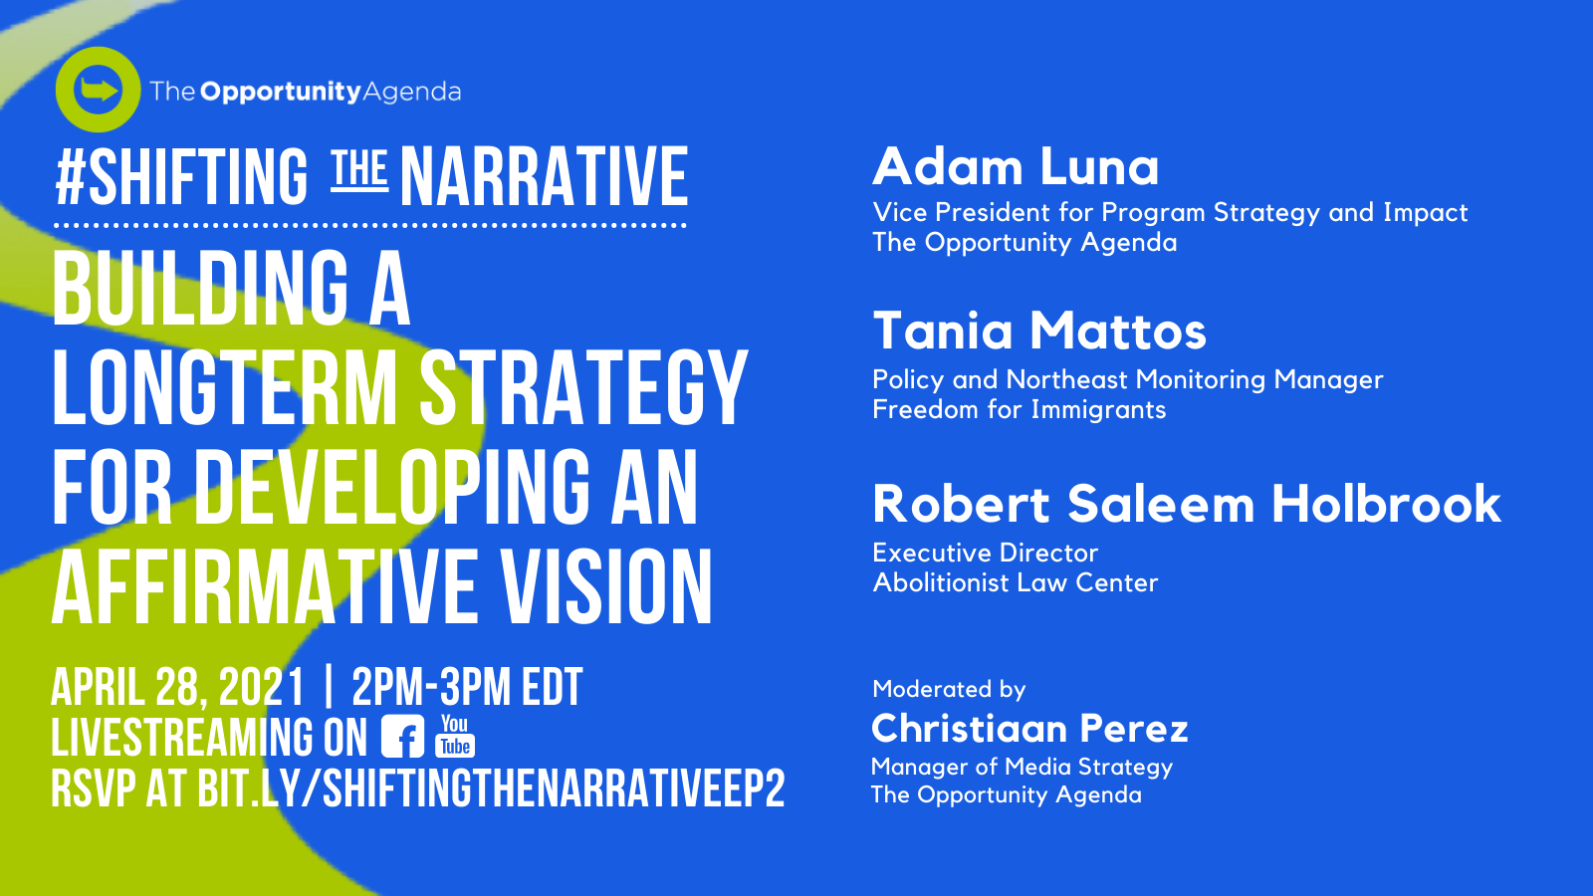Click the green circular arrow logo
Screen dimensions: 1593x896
click(98, 90)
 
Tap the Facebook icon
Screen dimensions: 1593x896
click(402, 736)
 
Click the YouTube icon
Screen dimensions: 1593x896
click(455, 736)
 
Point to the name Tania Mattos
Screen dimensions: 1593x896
click(1039, 331)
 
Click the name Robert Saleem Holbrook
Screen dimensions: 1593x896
click(1186, 504)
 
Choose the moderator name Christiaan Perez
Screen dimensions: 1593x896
click(1029, 728)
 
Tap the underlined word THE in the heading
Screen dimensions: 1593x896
click(359, 169)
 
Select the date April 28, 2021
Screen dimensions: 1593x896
click(178, 687)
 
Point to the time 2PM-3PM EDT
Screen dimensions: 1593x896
click(467, 687)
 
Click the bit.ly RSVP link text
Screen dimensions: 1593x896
click(491, 787)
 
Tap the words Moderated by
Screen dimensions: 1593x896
click(949, 689)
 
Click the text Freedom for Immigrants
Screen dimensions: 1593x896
click(1020, 409)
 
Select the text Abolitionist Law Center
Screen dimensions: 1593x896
click(1015, 582)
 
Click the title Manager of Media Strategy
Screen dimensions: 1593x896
click(1022, 767)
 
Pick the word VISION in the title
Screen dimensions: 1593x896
click(606, 587)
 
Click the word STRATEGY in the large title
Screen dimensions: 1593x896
click(583, 388)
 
